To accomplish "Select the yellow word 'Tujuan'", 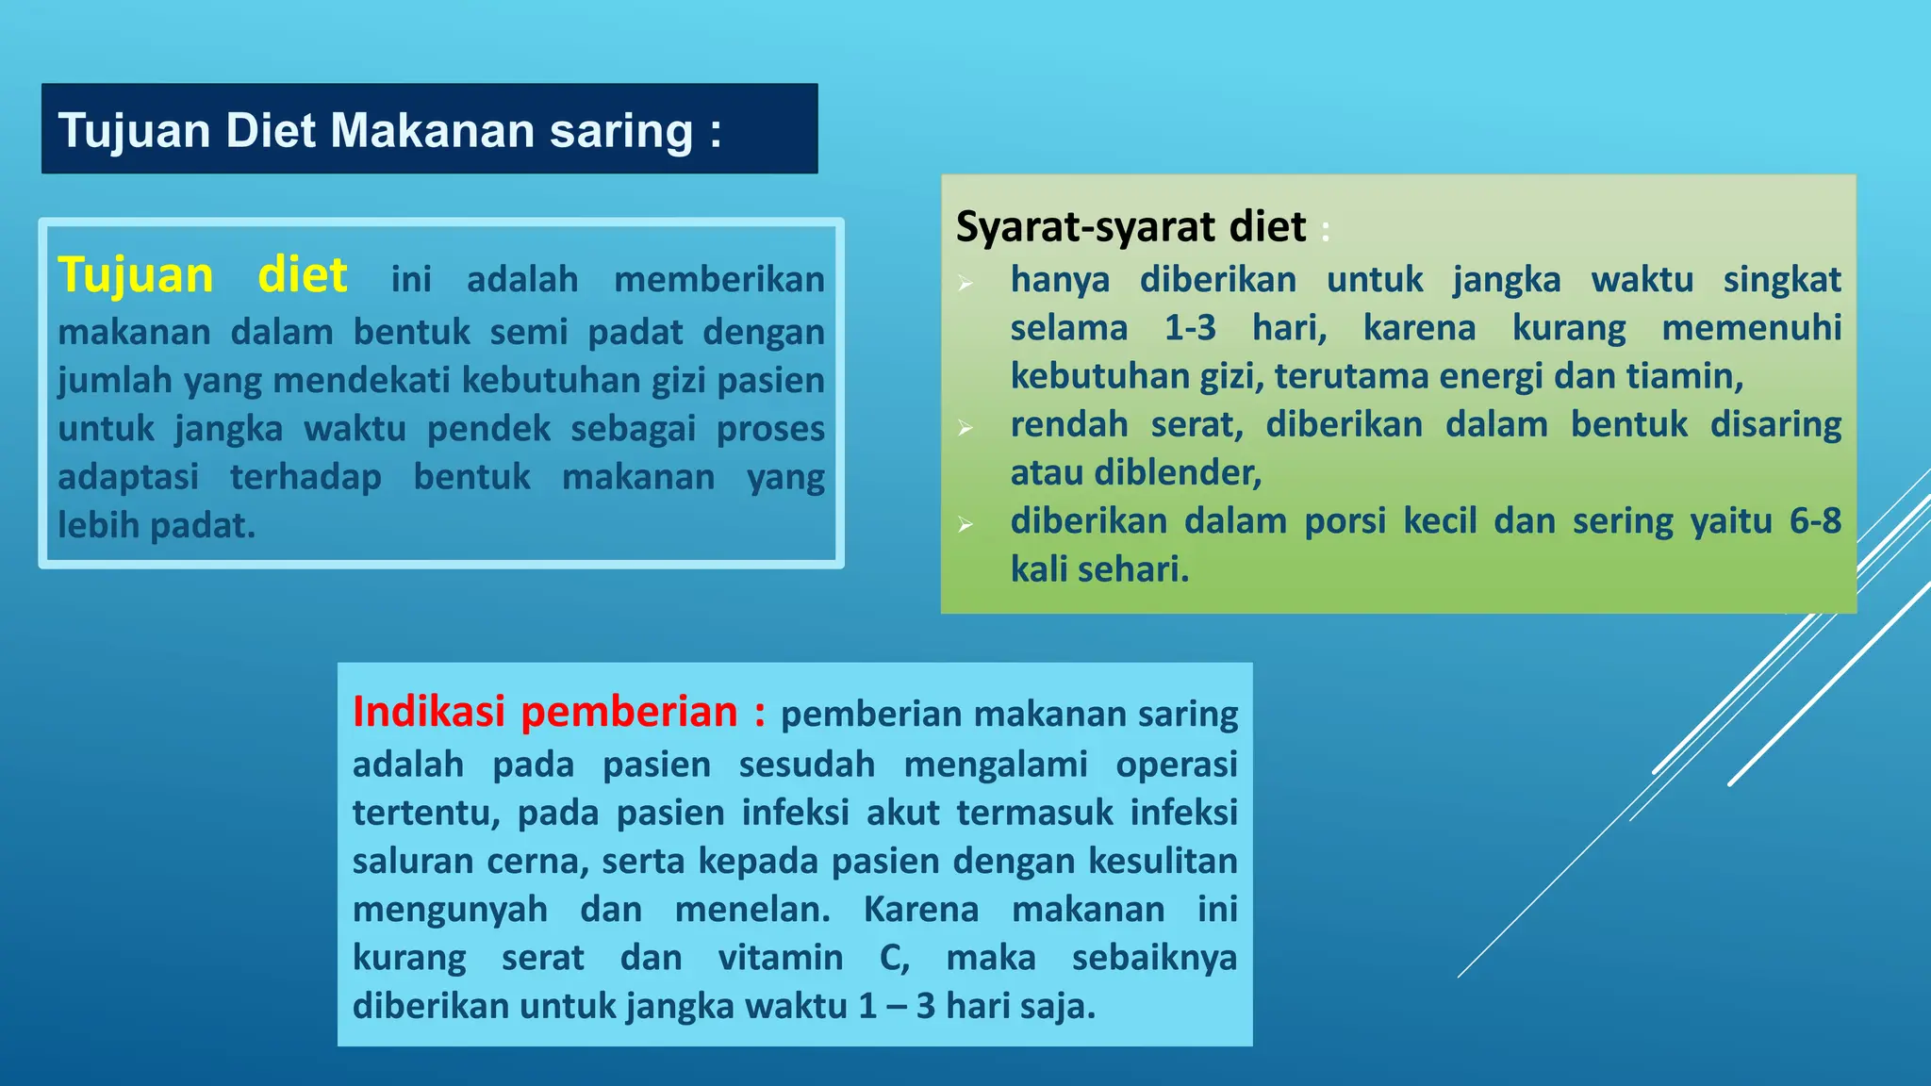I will pyautogui.click(x=136, y=275).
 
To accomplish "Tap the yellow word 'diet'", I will pyautogui.click(x=303, y=275).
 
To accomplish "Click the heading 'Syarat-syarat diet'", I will pyautogui.click(x=1131, y=226).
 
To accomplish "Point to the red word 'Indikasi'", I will pyautogui.click(x=428, y=712).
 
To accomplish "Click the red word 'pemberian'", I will pyautogui.click(x=629, y=712).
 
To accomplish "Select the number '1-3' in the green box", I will pyautogui.click(x=1190, y=327).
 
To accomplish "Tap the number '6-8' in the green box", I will pyautogui.click(x=1815, y=520).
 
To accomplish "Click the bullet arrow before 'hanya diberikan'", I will pyautogui.click(x=965, y=283).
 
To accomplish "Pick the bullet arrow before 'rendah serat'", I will pyautogui.click(x=965, y=428).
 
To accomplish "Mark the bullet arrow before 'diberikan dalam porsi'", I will pyautogui.click(x=965, y=524).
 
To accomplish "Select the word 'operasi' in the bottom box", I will pyautogui.click(x=1176, y=764).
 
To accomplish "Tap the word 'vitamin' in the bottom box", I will pyautogui.click(x=780, y=957).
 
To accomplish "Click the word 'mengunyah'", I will pyautogui.click(x=450, y=909).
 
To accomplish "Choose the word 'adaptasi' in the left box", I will pyautogui.click(x=128, y=476).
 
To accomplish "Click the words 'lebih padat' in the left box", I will pyautogui.click(x=156, y=525).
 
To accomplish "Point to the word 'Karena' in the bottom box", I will pyautogui.click(x=920, y=909).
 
